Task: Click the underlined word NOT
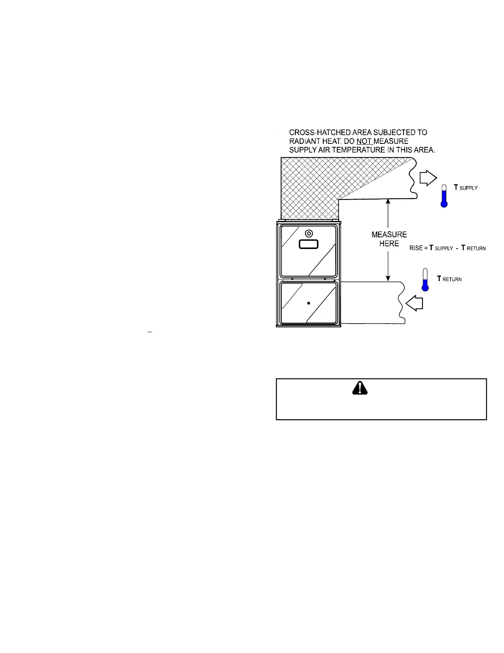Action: tap(364, 141)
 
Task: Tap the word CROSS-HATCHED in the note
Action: tap(316, 133)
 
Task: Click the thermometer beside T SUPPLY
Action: tap(444, 195)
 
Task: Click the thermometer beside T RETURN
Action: tap(425, 280)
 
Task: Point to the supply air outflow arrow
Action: tap(427, 178)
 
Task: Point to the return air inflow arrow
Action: tap(415, 304)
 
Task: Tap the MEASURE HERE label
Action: tap(389, 239)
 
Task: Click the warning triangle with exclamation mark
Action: tap(360, 388)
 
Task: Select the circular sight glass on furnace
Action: tap(308, 234)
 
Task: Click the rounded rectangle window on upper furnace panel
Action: tap(308, 244)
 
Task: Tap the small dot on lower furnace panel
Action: tap(308, 303)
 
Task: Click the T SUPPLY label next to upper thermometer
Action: tap(466, 188)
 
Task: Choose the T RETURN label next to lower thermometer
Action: tap(449, 279)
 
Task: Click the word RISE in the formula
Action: tap(416, 248)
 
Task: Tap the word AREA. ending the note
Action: tap(424, 150)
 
